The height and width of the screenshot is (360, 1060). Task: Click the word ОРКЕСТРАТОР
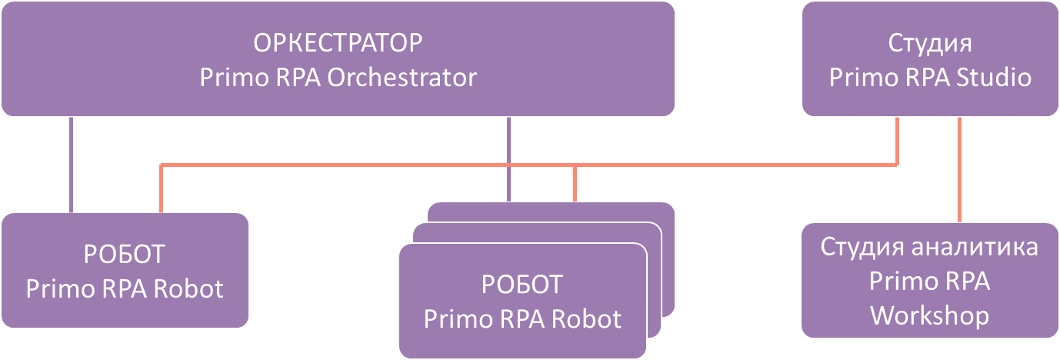point(338,42)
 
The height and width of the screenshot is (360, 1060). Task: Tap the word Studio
point(996,78)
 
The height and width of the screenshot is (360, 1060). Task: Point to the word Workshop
point(929,316)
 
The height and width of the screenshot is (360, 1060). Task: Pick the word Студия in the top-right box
point(929,42)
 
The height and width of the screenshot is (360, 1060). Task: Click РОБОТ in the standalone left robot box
point(125,253)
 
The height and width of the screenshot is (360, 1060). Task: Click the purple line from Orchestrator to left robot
point(72,165)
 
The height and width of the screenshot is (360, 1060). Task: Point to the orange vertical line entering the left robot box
point(161,188)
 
